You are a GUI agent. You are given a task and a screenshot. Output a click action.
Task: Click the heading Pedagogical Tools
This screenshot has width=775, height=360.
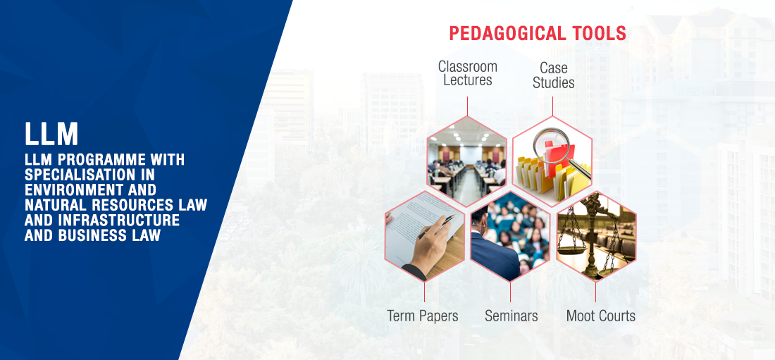tap(538, 34)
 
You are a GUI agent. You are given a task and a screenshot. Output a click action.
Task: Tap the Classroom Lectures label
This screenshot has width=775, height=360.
tap(468, 73)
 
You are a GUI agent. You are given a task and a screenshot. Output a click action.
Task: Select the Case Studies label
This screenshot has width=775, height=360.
tap(554, 75)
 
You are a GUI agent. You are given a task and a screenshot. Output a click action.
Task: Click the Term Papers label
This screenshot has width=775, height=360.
tap(423, 316)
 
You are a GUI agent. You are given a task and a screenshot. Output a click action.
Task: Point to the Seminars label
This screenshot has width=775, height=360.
tap(511, 316)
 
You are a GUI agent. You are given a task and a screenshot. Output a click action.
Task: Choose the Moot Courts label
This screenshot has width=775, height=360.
tap(600, 316)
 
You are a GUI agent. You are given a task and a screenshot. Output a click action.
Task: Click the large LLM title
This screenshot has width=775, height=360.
tap(51, 134)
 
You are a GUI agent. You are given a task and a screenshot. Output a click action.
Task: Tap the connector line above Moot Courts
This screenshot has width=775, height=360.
tap(595, 292)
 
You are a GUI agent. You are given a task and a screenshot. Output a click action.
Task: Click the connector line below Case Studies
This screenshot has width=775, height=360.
tap(552, 106)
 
